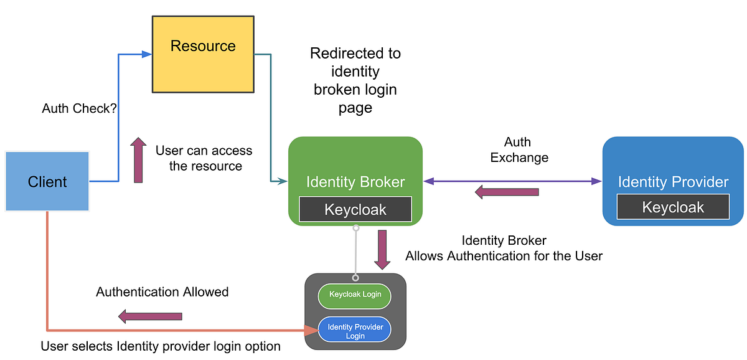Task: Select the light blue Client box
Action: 47,182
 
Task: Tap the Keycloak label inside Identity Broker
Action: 355,209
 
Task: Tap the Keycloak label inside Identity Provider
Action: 672,207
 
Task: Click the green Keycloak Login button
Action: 354,295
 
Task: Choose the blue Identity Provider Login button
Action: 355,331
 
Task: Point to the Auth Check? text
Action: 80,108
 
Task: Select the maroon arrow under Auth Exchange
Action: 506,192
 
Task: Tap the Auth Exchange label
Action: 519,149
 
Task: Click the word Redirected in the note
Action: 355,54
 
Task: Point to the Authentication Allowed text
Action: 162,291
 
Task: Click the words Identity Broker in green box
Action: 355,182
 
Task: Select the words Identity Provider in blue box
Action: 672,182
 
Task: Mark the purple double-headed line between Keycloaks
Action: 560,181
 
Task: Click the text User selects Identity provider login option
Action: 160,346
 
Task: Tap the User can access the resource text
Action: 204,158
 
